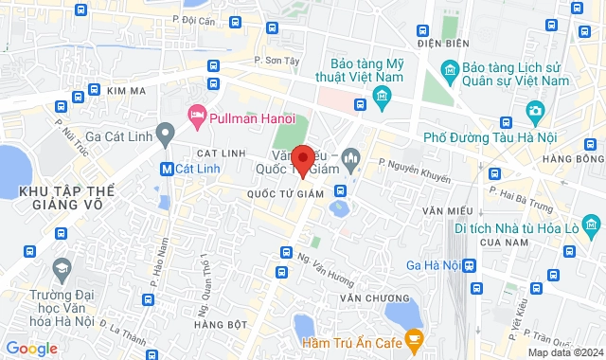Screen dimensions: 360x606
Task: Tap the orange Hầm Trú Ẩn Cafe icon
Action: tap(413, 337)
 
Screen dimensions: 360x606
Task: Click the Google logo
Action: tap(30, 349)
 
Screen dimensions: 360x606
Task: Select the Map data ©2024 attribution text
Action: tap(564, 352)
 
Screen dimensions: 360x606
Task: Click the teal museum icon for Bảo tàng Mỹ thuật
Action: tap(383, 96)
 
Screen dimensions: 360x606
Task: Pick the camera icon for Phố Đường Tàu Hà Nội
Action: tap(536, 113)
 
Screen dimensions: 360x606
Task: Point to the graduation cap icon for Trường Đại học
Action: tap(63, 270)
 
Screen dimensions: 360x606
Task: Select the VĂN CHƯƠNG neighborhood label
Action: tap(366, 297)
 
